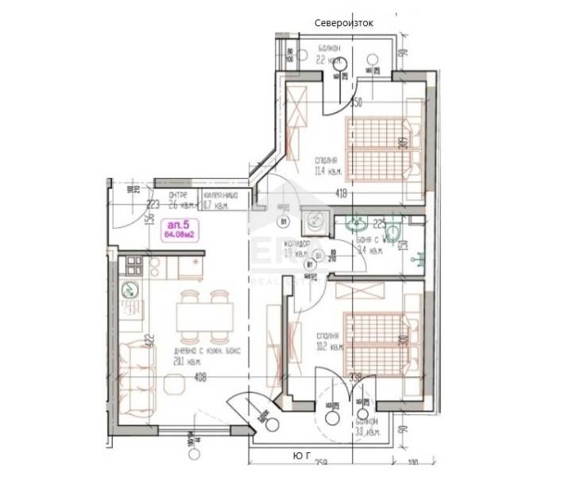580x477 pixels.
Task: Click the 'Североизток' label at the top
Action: click(344, 23)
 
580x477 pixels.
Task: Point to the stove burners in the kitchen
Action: click(131, 265)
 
